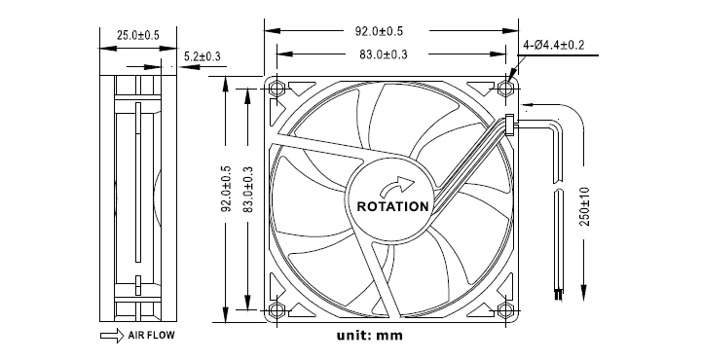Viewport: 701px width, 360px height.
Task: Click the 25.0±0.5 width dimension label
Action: (138, 35)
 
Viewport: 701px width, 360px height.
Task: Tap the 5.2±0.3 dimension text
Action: (203, 56)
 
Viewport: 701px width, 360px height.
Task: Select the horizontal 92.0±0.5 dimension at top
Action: (379, 31)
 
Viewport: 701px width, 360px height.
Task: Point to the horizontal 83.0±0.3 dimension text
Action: (384, 54)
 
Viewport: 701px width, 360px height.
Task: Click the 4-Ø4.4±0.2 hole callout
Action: (553, 45)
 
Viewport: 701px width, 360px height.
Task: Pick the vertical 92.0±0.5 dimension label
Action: (227, 189)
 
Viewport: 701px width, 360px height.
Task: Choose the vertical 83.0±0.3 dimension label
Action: (248, 190)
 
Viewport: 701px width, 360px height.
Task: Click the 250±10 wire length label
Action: (585, 206)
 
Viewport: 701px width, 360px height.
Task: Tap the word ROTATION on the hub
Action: (392, 207)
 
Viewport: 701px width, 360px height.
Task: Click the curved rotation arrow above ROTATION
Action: (397, 186)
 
